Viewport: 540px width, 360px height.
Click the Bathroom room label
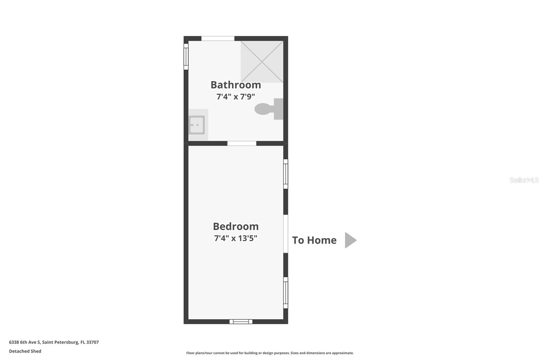(236, 85)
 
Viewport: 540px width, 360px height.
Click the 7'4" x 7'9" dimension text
(236, 97)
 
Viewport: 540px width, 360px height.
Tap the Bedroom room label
(236, 226)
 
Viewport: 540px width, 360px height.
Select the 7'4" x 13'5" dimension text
(236, 238)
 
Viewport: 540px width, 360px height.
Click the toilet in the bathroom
(268, 109)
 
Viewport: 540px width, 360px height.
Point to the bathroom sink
(197, 125)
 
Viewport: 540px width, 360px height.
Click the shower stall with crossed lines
(262, 62)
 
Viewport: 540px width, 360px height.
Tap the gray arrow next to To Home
(350, 240)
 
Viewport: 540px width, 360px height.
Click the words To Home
(314, 240)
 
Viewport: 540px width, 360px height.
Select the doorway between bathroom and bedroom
(242, 144)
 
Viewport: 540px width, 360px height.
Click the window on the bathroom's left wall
(186, 57)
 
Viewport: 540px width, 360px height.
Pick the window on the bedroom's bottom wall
(241, 322)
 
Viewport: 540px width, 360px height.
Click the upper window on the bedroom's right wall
(286, 174)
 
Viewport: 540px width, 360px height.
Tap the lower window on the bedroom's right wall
(286, 292)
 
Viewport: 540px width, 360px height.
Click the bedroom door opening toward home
(286, 234)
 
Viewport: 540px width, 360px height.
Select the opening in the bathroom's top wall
(218, 38)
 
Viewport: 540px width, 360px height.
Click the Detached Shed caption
(25, 351)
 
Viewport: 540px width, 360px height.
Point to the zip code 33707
(92, 342)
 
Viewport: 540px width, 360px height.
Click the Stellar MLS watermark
(524, 180)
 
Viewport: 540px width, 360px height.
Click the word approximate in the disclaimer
(343, 353)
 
